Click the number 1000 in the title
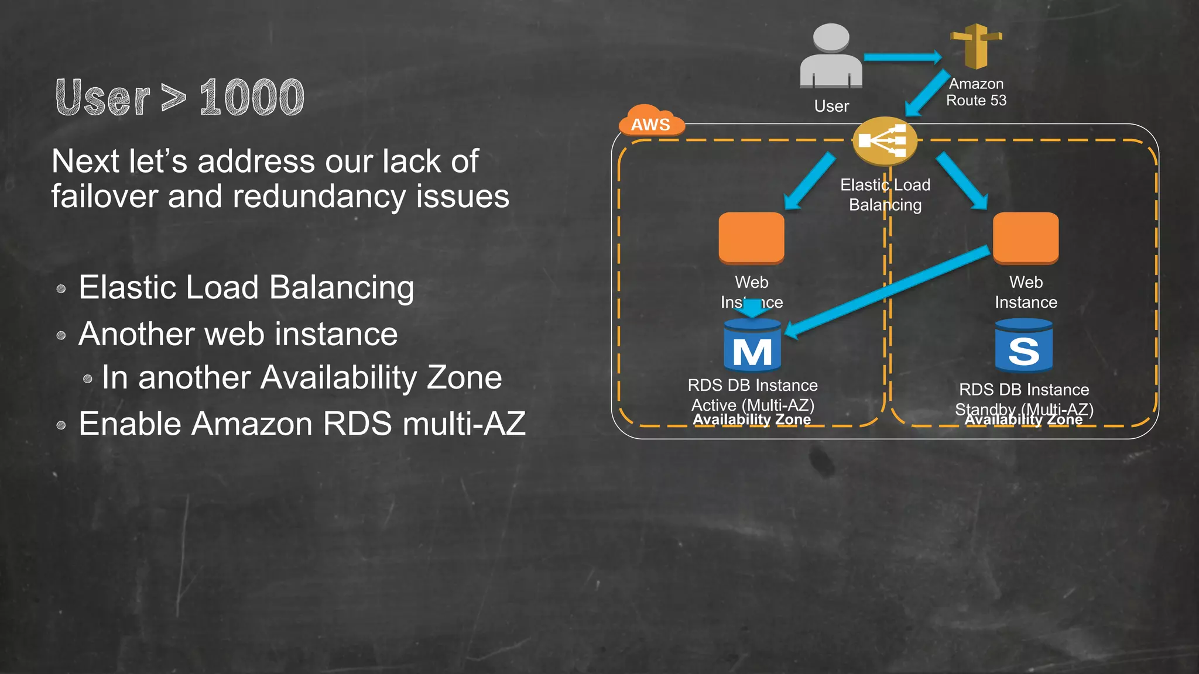pyautogui.click(x=252, y=97)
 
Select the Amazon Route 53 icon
pyautogui.click(x=976, y=46)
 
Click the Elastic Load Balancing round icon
pyautogui.click(x=884, y=141)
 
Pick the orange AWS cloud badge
pyautogui.click(x=650, y=122)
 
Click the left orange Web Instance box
pyautogui.click(x=751, y=238)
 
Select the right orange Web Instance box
pyautogui.click(x=1026, y=238)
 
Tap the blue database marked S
pyautogui.click(x=1023, y=346)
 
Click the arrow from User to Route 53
pyautogui.click(x=902, y=57)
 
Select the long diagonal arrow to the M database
pyautogui.click(x=887, y=291)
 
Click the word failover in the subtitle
pyautogui.click(x=104, y=197)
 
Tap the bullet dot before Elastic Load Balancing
pyautogui.click(x=61, y=289)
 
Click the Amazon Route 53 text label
pyautogui.click(x=976, y=92)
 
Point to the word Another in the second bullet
pyautogui.click(x=136, y=334)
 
